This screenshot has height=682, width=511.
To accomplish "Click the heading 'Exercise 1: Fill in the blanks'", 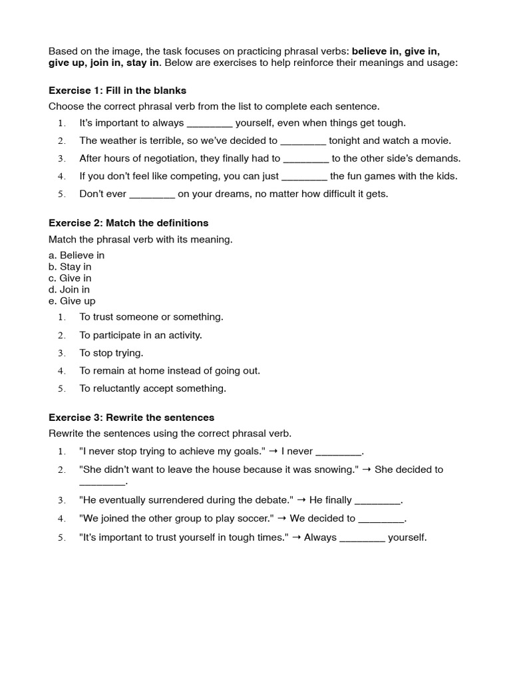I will coord(117,90).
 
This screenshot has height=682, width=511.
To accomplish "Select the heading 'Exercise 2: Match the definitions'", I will coord(128,222).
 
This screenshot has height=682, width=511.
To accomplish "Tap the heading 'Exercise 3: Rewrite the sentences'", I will coord(131,418).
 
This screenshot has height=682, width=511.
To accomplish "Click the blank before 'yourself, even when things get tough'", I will coord(210,123).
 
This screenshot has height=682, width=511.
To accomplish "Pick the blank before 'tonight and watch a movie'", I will coord(303,141).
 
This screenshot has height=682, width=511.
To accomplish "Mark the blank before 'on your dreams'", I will coord(152,194).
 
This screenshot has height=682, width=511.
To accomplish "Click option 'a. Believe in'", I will coord(77,255).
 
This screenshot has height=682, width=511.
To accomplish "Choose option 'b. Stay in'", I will coord(70,266).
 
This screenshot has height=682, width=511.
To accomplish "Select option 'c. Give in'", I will coord(70,278).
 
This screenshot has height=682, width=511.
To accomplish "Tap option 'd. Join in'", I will coord(69,289).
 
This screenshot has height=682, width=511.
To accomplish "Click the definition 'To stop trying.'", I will coord(111,353).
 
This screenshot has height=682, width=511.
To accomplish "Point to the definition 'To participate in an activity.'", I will coord(140,335).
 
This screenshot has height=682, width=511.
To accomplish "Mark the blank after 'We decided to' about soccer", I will coord(381,519).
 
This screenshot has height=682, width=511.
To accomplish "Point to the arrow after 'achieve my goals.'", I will coord(273,452).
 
